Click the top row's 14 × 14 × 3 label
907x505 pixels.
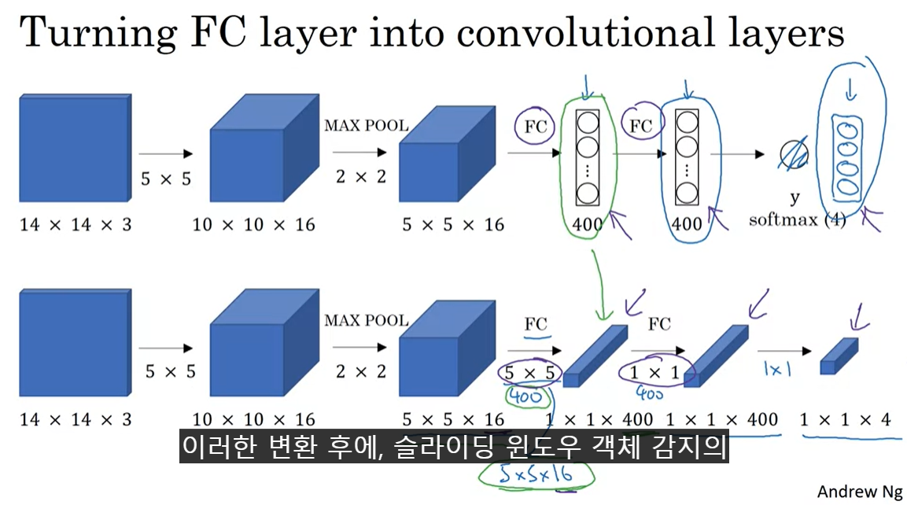[x=76, y=225]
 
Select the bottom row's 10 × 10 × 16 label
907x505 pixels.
[x=253, y=420]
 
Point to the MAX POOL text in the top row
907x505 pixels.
[x=366, y=126]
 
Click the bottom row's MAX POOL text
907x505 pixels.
[x=366, y=320]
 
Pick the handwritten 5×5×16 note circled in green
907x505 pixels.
[x=536, y=473]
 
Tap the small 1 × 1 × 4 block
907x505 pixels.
[x=839, y=356]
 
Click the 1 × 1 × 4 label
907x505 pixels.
[x=845, y=420]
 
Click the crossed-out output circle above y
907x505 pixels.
[x=794, y=154]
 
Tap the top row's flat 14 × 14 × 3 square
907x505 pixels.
[x=74, y=149]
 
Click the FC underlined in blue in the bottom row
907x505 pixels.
[x=536, y=323]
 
